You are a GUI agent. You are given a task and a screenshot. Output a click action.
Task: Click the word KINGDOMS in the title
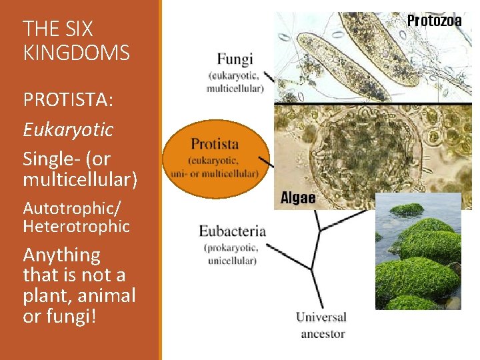point(76,52)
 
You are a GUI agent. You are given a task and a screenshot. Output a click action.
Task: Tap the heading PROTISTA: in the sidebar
point(68,99)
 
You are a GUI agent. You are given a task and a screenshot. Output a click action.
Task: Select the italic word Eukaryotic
point(68,129)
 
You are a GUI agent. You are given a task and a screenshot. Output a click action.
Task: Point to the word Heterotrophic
point(76,227)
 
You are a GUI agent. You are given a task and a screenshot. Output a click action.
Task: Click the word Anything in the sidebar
point(61,255)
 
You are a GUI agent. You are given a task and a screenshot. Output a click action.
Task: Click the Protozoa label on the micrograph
point(434,20)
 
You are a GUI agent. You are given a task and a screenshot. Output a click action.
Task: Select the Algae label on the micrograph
point(298,198)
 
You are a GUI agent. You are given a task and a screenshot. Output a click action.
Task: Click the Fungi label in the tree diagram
point(235,59)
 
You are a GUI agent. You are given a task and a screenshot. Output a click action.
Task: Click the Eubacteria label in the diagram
point(232,231)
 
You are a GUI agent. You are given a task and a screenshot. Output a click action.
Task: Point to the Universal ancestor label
point(322,325)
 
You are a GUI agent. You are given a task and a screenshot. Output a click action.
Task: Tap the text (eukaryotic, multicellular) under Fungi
point(235,81)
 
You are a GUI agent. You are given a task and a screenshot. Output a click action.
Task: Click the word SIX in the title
point(79,29)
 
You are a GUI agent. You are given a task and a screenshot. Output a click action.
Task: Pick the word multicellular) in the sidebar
point(80,179)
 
